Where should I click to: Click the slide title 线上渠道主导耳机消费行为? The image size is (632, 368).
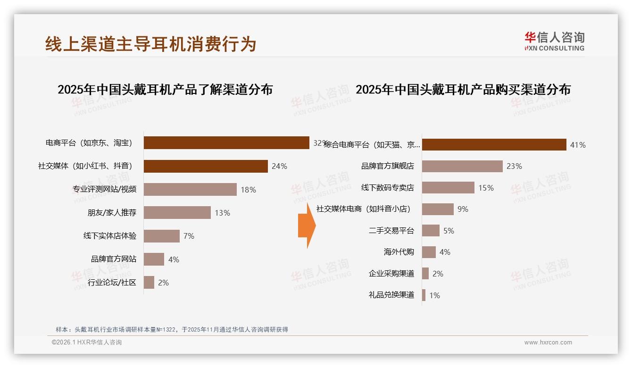coord(150,44)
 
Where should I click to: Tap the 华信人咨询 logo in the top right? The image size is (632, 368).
coord(554,41)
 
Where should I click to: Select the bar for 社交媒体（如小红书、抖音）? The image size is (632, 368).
coord(206,166)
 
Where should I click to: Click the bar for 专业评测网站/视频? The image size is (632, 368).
coord(190,189)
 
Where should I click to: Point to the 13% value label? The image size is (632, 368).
coord(222,213)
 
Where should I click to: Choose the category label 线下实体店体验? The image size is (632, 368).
coord(110,236)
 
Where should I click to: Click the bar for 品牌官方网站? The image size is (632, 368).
coord(154,259)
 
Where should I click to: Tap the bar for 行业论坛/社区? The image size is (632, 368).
coord(149,282)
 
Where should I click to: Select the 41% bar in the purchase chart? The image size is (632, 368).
coord(494,144)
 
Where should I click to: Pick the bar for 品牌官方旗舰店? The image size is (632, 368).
coord(462,166)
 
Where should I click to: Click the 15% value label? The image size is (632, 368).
coord(486,188)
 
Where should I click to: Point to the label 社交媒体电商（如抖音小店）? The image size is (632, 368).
coord(363,209)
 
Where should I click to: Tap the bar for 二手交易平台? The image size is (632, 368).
coord(431,231)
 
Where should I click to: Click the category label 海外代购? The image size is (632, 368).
coord(399,252)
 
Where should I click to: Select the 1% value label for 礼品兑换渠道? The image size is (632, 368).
coord(434,295)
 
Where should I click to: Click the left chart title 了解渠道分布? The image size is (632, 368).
coord(165,89)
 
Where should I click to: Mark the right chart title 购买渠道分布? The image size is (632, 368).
coord(463,89)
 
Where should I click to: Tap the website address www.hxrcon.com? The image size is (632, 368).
coord(548,343)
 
